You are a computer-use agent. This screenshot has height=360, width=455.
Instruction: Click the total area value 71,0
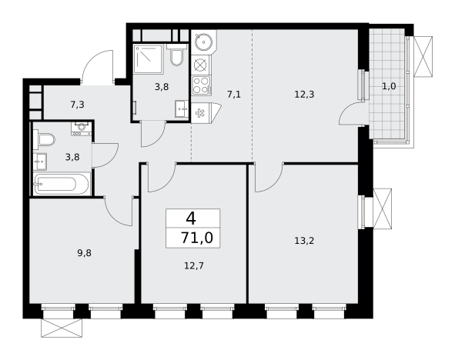click(197, 238)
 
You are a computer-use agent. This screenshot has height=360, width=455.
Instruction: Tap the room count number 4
click(191, 218)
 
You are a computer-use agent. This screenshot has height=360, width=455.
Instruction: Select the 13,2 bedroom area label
click(304, 241)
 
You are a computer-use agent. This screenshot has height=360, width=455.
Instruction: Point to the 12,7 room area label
click(194, 265)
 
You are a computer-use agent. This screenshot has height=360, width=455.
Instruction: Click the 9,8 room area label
click(84, 253)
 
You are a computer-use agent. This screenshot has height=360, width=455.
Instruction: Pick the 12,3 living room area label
click(304, 95)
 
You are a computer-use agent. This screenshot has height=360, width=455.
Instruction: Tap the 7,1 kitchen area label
click(234, 95)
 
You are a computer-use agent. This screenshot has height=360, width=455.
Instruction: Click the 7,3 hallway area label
click(77, 105)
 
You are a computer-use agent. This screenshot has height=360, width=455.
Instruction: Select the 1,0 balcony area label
click(389, 86)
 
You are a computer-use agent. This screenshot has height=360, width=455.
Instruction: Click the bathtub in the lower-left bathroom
click(62, 184)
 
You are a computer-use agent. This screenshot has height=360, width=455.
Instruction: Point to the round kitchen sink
click(204, 42)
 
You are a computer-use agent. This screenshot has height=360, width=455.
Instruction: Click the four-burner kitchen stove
click(201, 85)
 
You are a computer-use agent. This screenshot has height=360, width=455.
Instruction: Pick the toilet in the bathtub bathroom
click(44, 139)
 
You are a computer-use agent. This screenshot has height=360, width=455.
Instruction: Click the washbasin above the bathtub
click(40, 162)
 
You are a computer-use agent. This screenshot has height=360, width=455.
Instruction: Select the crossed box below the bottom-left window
click(62, 328)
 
